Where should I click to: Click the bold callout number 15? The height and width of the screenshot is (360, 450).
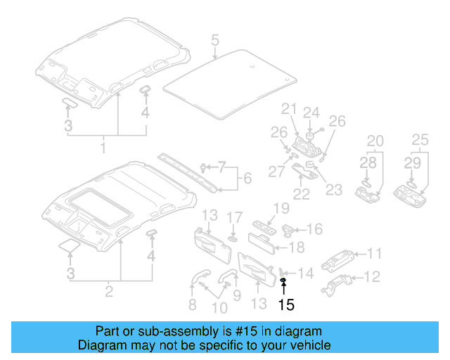pos(286,304)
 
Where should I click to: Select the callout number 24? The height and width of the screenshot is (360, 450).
pos(311,113)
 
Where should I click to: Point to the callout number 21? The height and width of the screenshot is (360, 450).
pos(288,108)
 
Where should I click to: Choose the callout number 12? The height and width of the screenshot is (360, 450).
pos(373,277)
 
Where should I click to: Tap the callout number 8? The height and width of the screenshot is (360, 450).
pos(191,304)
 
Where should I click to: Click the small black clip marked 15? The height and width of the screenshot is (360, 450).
pos(283,281)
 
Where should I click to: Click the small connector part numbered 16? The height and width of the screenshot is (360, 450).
pos(289,229)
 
